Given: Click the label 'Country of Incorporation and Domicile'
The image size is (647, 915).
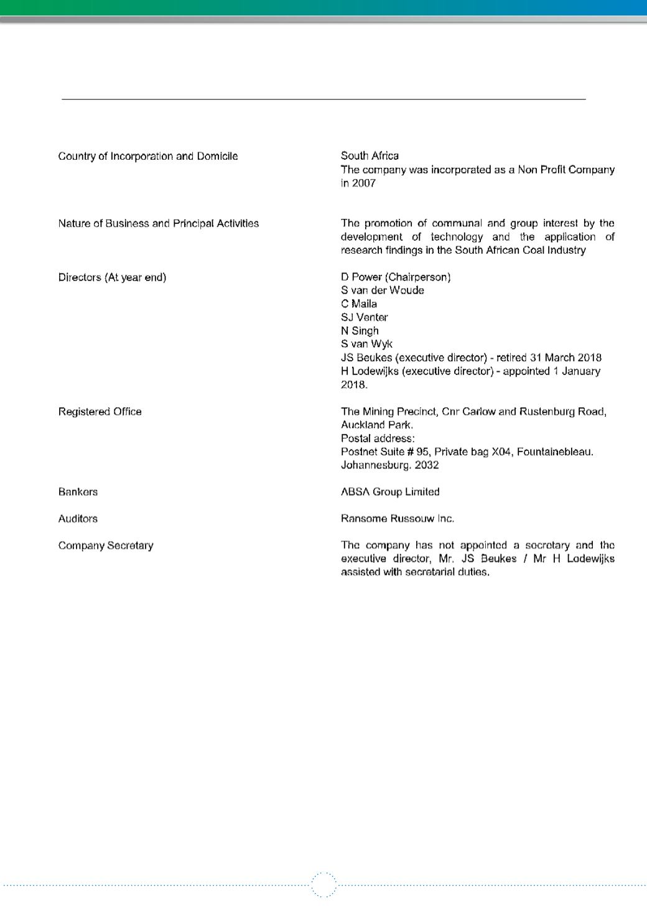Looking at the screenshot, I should point(148,156).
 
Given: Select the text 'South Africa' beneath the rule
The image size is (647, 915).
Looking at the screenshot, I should point(370,156).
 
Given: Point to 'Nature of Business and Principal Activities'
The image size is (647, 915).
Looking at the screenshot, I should point(159,223).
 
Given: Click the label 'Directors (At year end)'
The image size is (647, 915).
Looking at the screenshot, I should point(112,277).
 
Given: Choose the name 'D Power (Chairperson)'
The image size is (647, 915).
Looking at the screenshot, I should point(396,277).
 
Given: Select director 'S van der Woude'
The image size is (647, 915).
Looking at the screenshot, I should point(383,290).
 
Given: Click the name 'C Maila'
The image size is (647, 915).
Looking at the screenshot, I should point(359,304).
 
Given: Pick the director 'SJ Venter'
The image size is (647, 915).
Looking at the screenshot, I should point(365,317).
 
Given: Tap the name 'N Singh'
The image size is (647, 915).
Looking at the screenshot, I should point(360,331).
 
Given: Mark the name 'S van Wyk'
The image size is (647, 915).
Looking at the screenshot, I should point(366,344).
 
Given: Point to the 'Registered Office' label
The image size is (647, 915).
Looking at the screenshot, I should point(100,412).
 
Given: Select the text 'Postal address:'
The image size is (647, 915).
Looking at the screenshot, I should point(373,439).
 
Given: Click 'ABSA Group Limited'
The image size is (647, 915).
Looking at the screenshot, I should point(390,492).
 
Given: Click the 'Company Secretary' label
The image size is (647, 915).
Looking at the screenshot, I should point(106,546).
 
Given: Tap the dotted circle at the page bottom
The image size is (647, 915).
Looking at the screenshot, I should point(323,885).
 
